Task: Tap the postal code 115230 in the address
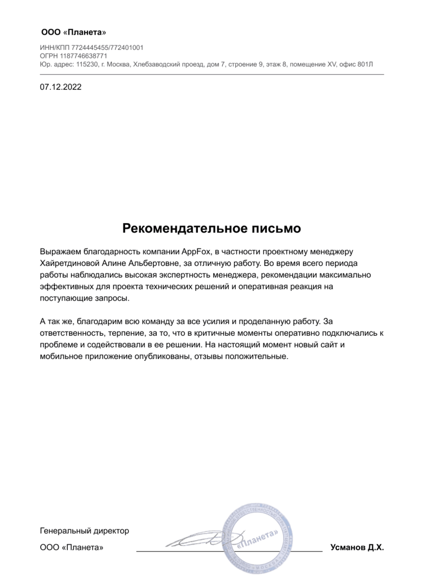[x=88, y=64]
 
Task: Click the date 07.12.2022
[x=61, y=86]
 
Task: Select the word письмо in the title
[x=279, y=228]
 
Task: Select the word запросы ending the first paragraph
[x=113, y=298]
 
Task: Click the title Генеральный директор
[x=85, y=530]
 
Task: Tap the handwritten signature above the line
[x=198, y=539]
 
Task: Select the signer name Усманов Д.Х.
[x=357, y=548]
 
